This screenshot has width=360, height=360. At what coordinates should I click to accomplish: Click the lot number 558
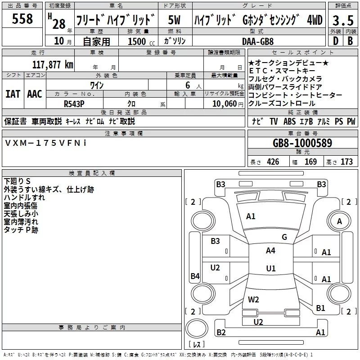pyautogui.click(x=22, y=19)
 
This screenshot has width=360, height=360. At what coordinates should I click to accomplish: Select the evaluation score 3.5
pyautogui.click(x=342, y=20)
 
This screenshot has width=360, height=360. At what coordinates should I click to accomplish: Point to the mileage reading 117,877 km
pyautogui.click(x=53, y=64)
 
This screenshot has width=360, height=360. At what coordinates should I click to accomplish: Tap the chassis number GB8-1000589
pyautogui.click(x=302, y=143)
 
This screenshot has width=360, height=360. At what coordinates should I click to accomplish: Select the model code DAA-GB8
pyautogui.click(x=257, y=41)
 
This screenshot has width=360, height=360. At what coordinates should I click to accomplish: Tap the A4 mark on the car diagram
pyautogui.click(x=270, y=251)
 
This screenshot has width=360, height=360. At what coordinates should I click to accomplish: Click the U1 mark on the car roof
pyautogui.click(x=270, y=269)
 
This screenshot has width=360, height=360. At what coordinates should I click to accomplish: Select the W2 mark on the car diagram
pyautogui.click(x=253, y=299)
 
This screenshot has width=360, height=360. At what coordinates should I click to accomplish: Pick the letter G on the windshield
pyautogui.click(x=284, y=237)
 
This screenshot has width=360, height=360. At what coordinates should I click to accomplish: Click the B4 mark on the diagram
pyautogui.click(x=195, y=276)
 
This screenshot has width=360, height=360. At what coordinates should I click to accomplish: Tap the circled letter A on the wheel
pyautogui.click(x=340, y=221)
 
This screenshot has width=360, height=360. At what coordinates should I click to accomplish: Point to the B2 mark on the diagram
pyautogui.click(x=221, y=333)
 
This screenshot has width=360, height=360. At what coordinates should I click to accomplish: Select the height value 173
pyautogui.click(x=346, y=162)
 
